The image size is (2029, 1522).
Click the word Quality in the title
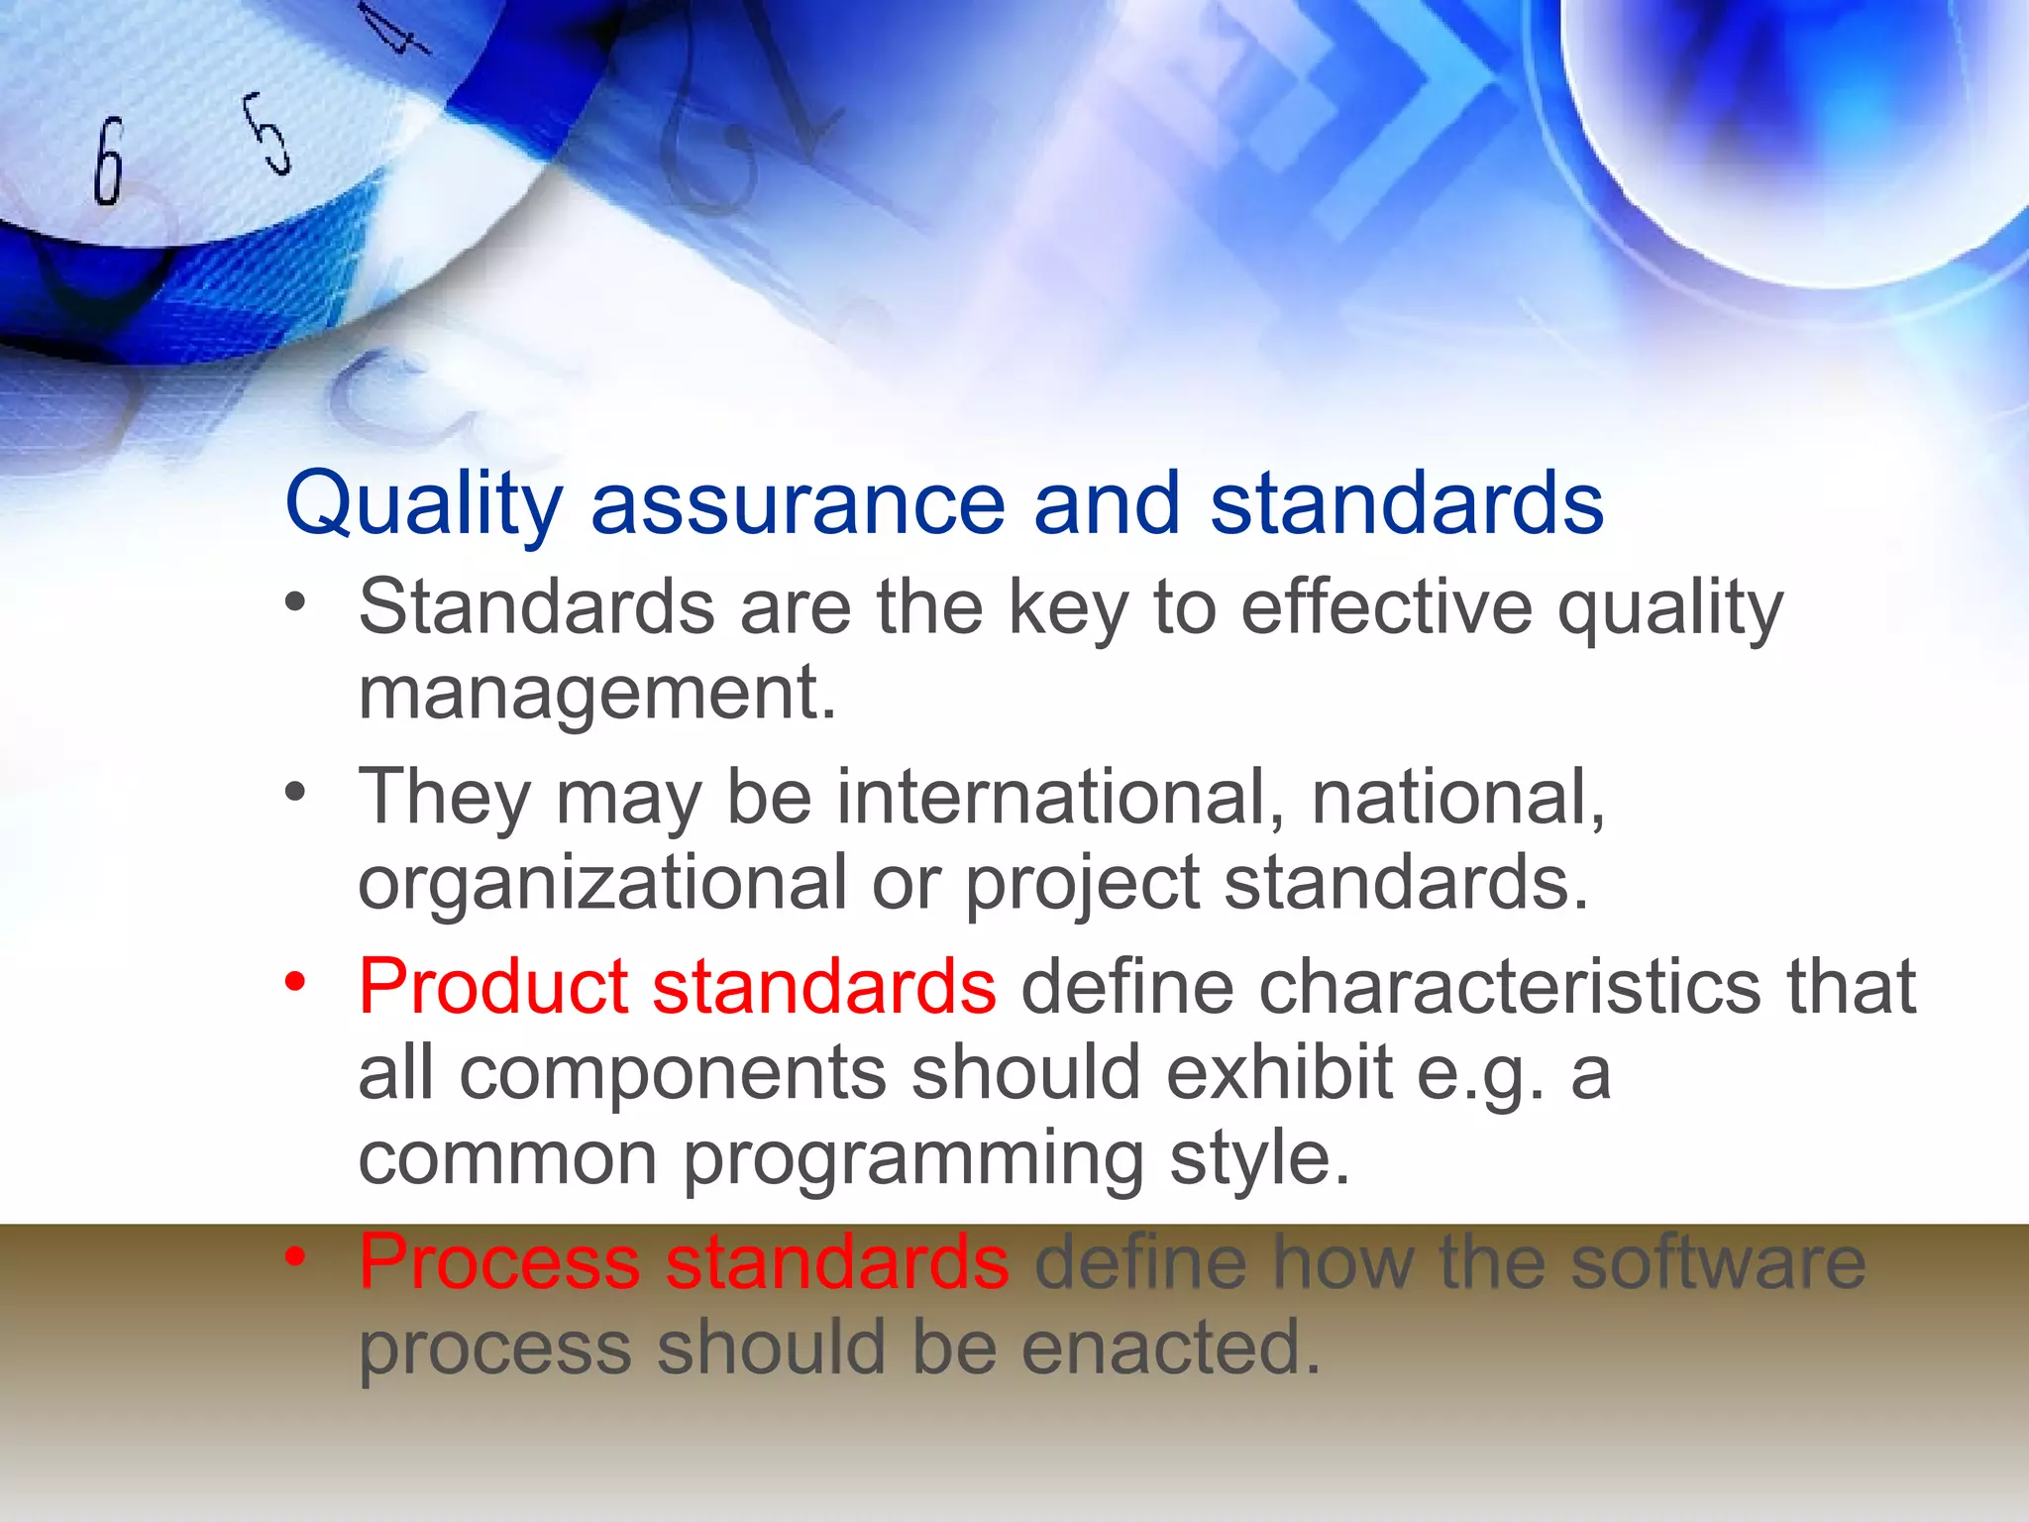click(423, 505)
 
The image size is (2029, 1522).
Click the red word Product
click(493, 987)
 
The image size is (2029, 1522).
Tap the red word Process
click(499, 1262)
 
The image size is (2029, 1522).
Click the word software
click(1719, 1262)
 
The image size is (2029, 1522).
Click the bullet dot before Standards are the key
click(295, 601)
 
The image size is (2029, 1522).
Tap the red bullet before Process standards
click(295, 1256)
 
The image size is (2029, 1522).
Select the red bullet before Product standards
click(295, 982)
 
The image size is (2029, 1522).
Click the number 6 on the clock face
click(109, 161)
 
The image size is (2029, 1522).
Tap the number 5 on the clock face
click(267, 134)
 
